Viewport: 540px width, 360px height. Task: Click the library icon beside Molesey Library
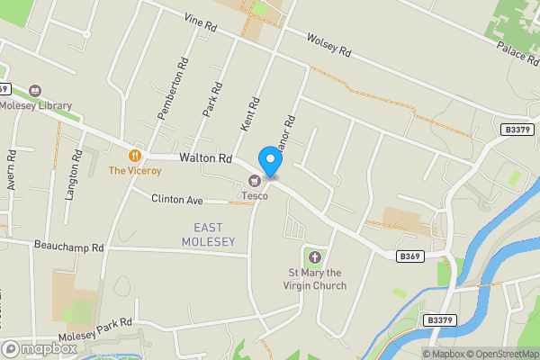click(x=35, y=90)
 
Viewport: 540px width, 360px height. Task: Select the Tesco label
click(x=253, y=195)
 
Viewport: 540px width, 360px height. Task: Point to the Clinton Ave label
click(x=177, y=199)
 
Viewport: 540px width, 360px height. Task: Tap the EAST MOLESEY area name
click(x=208, y=235)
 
